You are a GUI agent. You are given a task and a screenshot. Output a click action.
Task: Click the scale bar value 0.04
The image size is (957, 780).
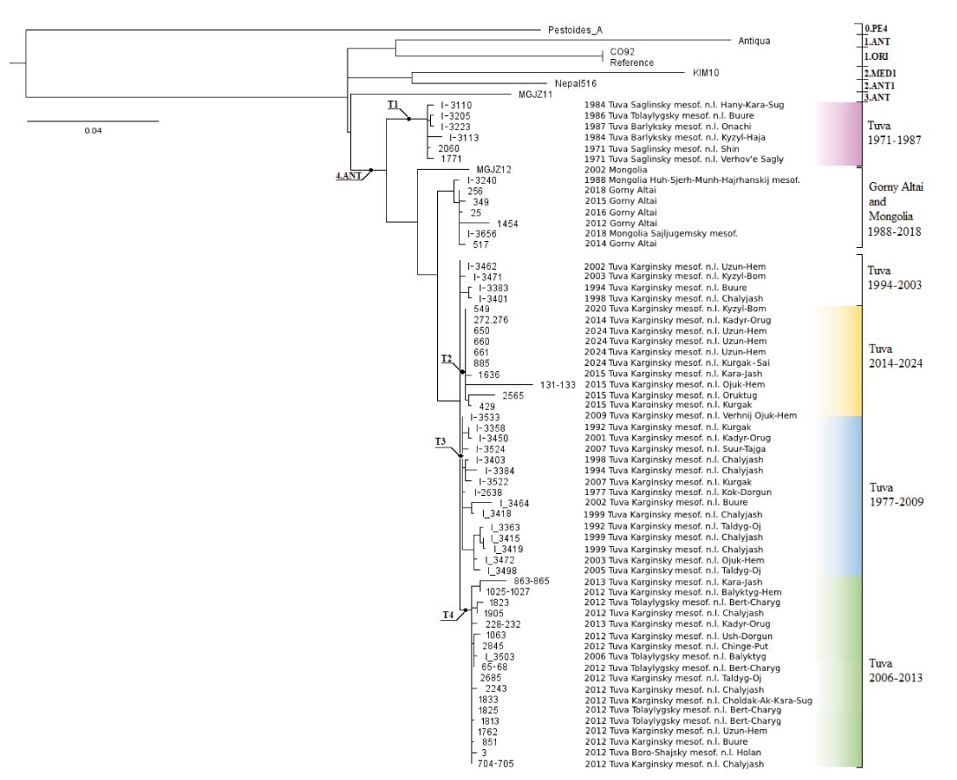(92, 131)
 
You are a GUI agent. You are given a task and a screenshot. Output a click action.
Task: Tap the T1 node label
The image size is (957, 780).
(394, 105)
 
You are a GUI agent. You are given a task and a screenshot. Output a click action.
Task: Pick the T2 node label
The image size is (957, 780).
(446, 360)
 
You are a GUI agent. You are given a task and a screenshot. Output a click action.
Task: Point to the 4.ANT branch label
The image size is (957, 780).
(350, 176)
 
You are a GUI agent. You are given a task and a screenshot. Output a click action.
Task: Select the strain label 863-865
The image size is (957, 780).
(532, 581)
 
